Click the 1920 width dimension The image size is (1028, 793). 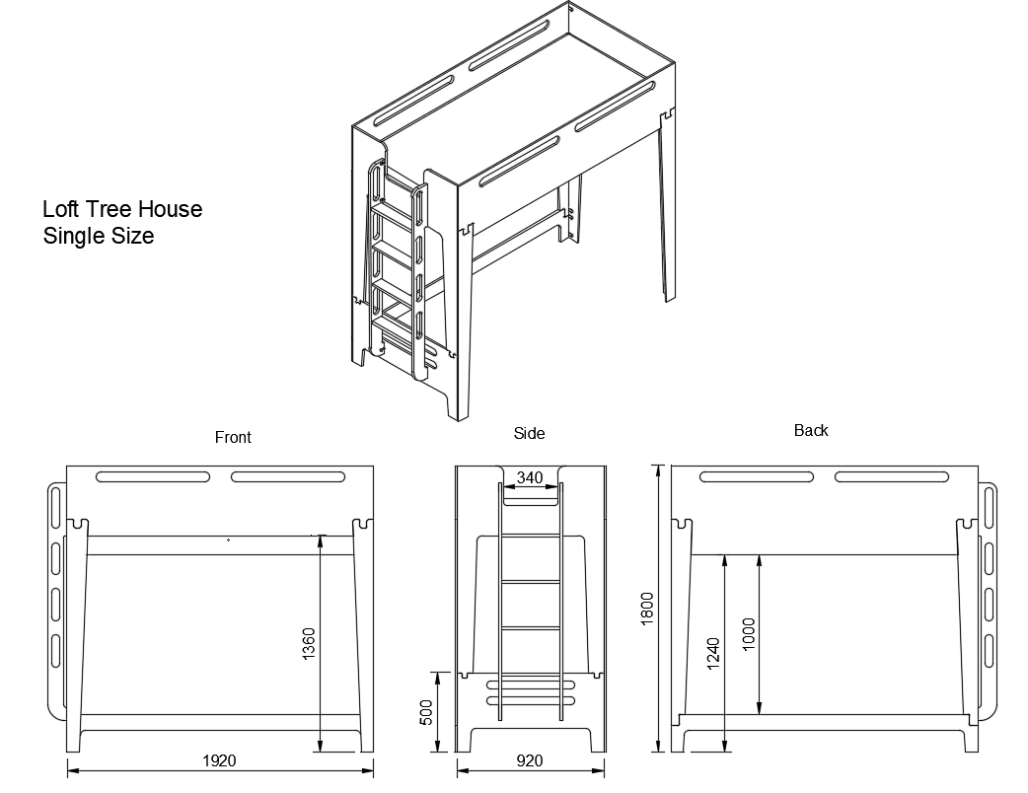click(x=218, y=760)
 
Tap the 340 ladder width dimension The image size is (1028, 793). click(x=530, y=478)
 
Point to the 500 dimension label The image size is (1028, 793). click(x=426, y=712)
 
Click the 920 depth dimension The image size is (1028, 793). click(x=529, y=760)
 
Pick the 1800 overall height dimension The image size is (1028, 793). click(x=647, y=608)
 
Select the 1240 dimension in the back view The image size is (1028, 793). click(x=713, y=655)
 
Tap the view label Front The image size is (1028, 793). click(x=233, y=437)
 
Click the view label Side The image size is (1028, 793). click(x=529, y=433)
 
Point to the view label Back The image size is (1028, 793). click(x=811, y=430)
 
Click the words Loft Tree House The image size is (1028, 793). click(x=122, y=209)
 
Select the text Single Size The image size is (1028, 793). click(x=99, y=236)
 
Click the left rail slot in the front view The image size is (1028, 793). click(x=153, y=477)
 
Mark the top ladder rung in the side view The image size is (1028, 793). click(x=531, y=536)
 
